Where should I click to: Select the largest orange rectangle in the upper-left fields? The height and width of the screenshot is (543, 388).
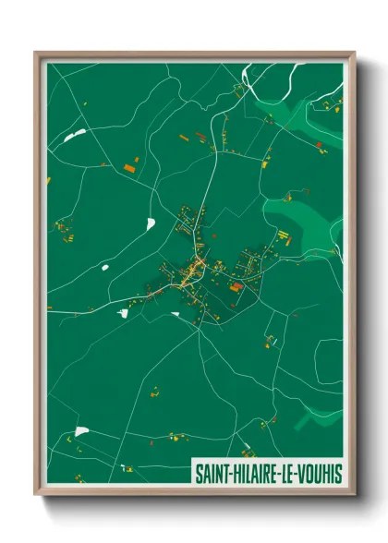(129, 167)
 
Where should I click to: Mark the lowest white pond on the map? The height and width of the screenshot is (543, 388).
(81, 431)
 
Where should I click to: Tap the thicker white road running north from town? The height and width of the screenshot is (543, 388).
(214, 185)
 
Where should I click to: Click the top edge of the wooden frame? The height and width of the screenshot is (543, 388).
(194, 54)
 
